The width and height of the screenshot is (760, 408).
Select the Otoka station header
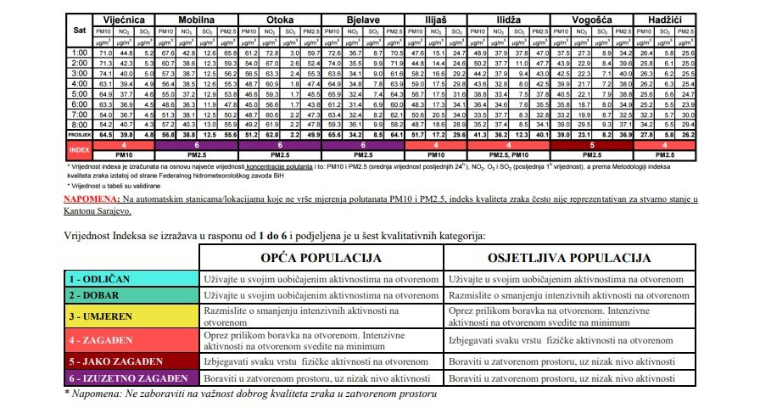281,19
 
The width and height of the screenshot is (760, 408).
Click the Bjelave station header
366,19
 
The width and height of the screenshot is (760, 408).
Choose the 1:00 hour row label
79,53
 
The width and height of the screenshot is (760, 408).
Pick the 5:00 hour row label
79,93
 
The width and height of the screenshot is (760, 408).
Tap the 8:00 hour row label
79,124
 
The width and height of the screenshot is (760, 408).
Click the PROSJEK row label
79,134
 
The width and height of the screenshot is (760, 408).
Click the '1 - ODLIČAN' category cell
131,278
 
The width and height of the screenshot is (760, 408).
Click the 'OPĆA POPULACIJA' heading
321,257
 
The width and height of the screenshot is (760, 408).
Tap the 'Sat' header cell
79,29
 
